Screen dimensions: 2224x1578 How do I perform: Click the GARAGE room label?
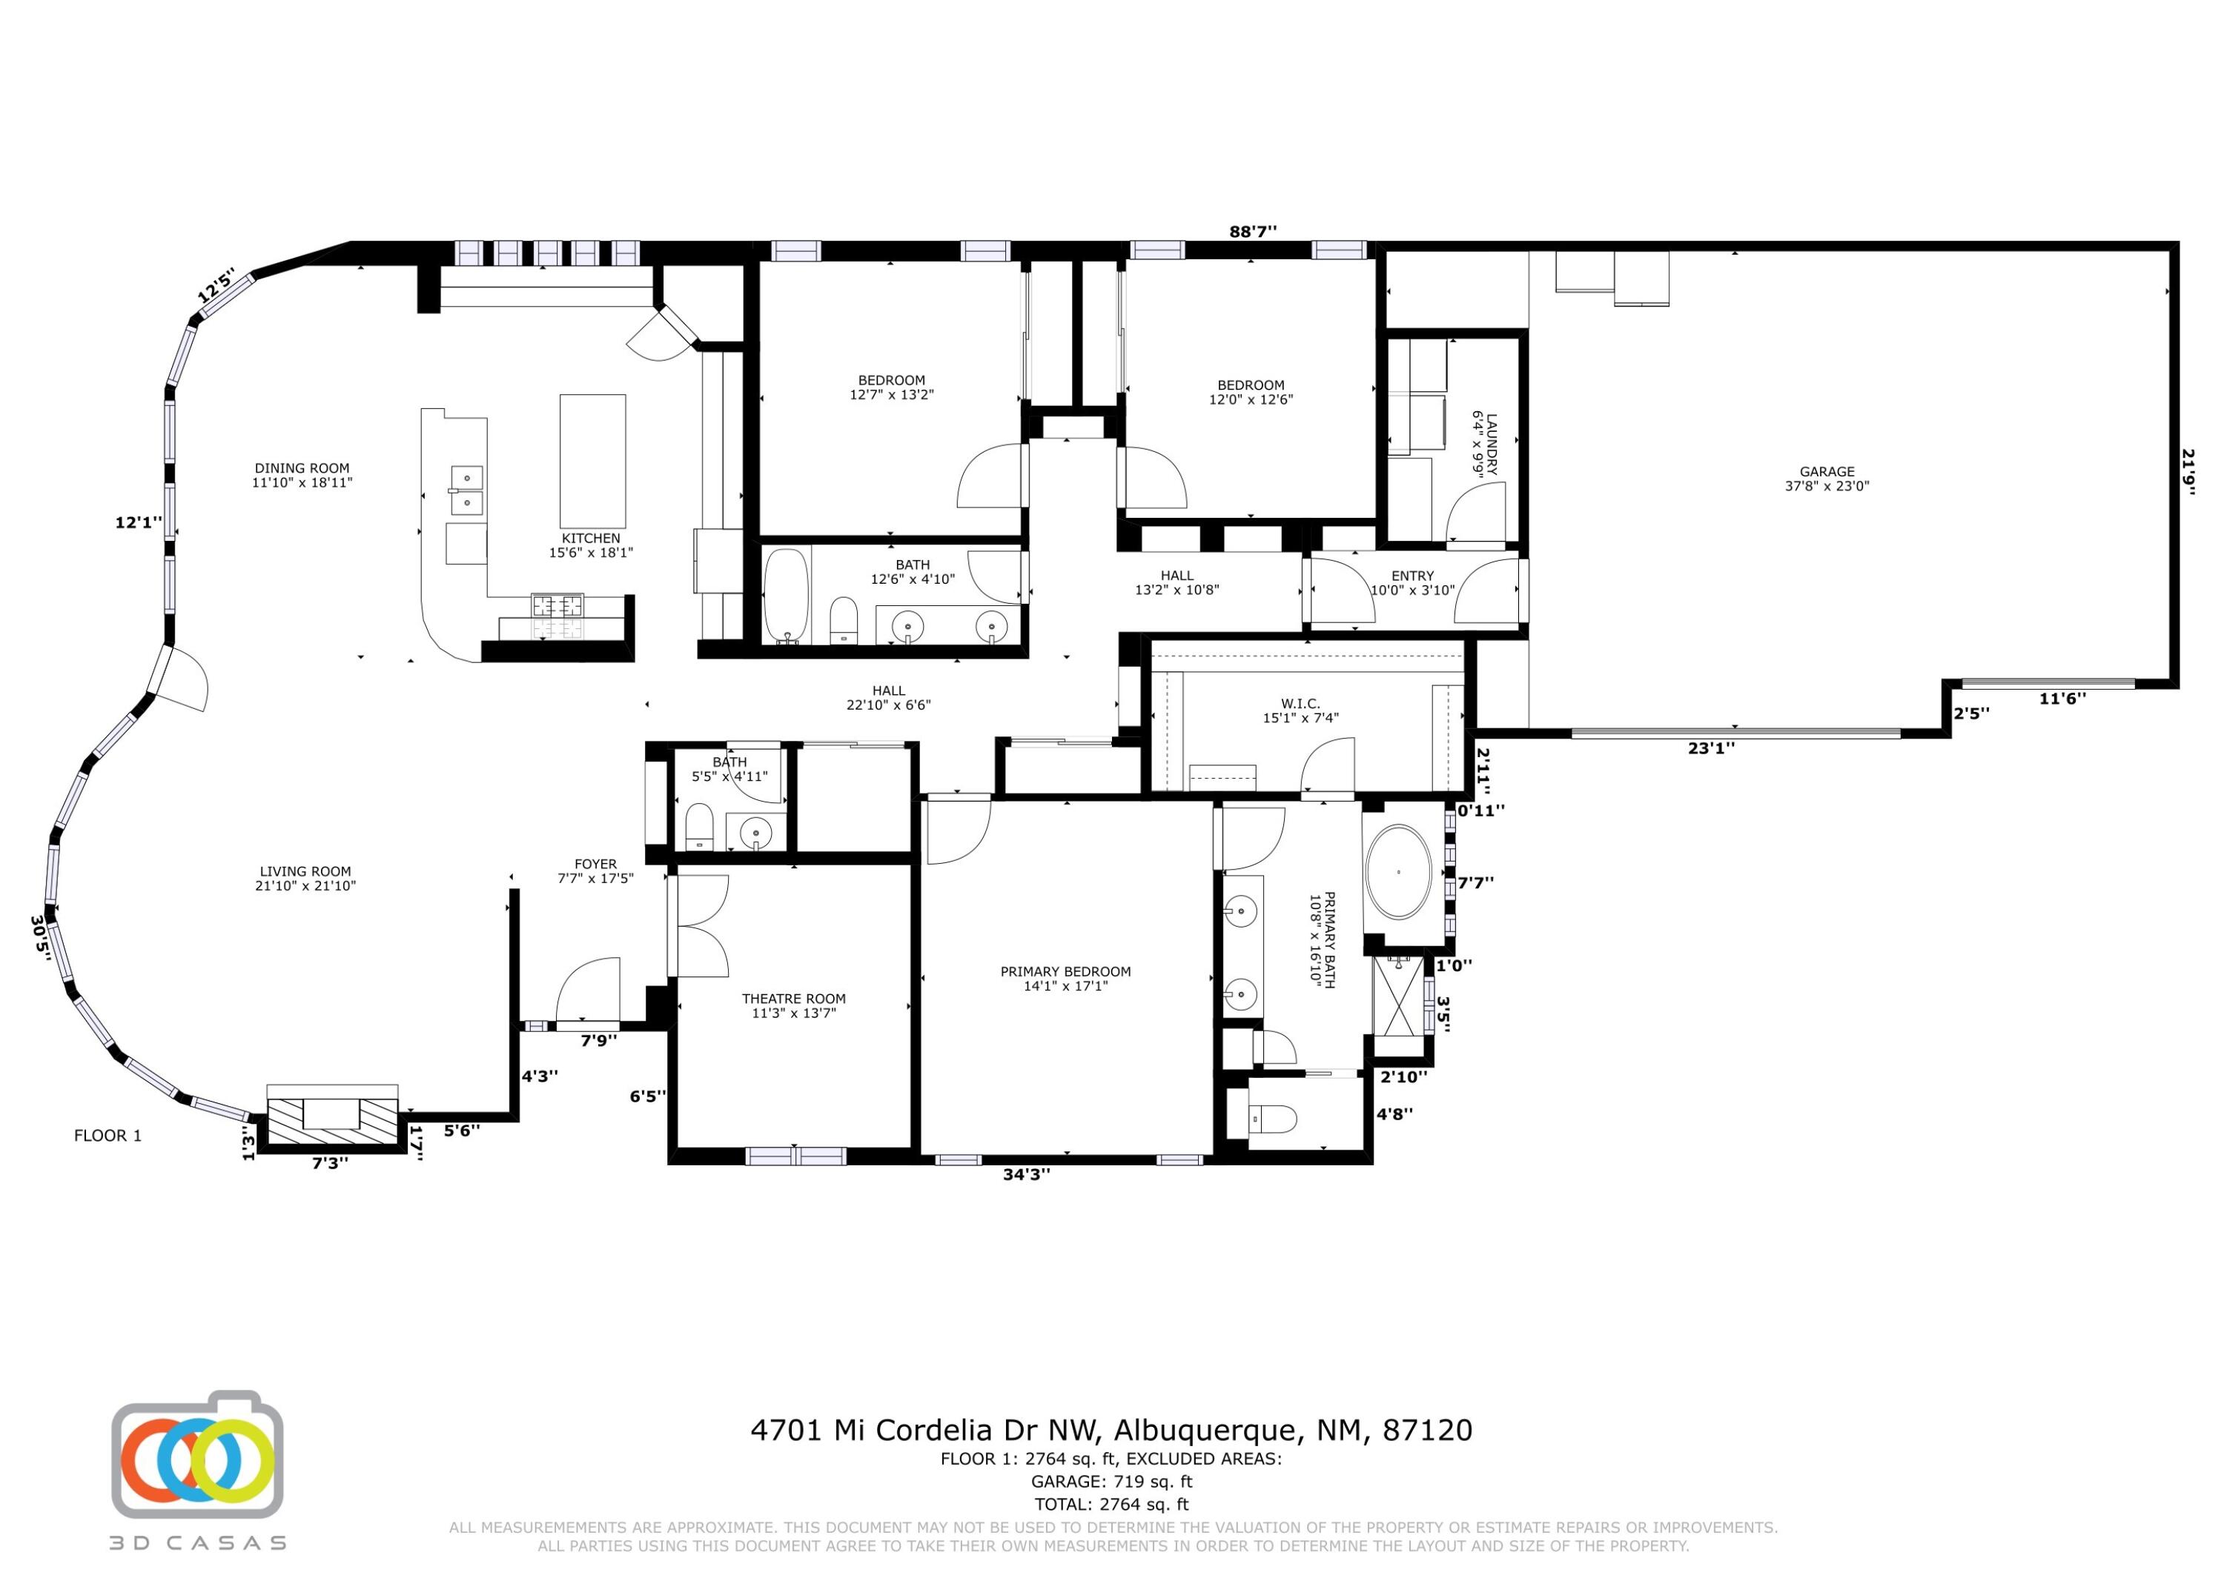pos(1827,472)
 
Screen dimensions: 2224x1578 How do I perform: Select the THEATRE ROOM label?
pos(793,999)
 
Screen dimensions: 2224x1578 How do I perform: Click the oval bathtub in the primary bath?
pos(1397,871)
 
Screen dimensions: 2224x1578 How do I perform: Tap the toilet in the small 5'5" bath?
pos(700,826)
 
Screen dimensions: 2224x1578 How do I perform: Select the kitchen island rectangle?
pos(592,461)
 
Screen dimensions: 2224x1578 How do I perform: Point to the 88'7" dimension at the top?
pos(1253,231)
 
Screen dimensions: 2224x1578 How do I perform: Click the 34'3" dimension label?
pos(1027,1173)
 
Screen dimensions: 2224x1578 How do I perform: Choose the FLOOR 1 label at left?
pos(108,1135)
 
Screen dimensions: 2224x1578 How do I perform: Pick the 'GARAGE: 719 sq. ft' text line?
pos(1111,1482)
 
